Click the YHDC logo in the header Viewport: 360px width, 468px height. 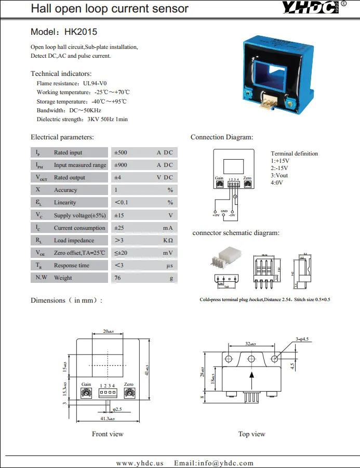coord(311,8)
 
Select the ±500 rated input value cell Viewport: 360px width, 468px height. coord(120,153)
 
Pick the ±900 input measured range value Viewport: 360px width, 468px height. coord(120,165)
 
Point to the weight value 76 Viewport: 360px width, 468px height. coord(117,278)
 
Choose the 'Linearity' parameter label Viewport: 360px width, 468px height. coord(65,203)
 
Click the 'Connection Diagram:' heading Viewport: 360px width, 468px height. coord(222,137)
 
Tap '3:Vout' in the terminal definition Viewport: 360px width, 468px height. coord(279,175)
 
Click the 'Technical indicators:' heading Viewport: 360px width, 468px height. coord(61,74)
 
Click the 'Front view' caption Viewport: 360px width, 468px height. coord(108,434)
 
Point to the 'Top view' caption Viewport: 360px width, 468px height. coord(251,434)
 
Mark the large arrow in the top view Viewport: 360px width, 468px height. coord(252,380)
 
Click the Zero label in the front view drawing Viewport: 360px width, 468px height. coord(129,384)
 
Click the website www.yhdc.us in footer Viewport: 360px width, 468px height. coord(140,463)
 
